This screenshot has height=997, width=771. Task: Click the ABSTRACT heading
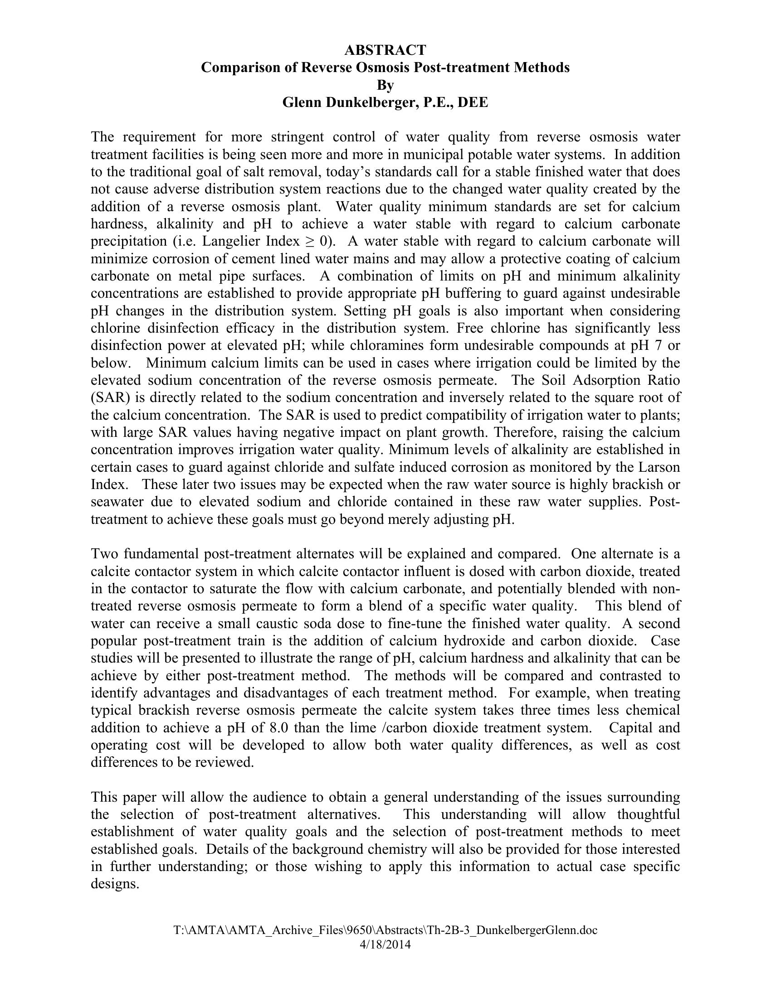point(385,50)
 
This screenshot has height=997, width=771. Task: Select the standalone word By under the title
point(385,85)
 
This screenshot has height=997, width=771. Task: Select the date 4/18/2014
point(385,944)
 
